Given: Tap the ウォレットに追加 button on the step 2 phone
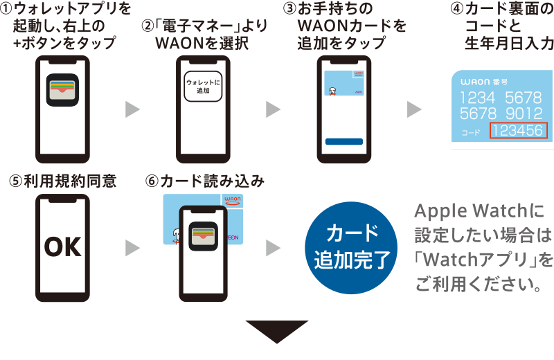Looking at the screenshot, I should tap(203, 86).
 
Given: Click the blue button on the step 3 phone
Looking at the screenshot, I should tap(343, 142).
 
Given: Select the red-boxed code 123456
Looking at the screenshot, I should tap(519, 131).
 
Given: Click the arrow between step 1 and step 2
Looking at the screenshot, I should tap(132, 109).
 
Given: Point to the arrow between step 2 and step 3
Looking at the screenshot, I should tap(274, 109).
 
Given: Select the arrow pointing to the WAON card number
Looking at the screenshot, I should tap(414, 109).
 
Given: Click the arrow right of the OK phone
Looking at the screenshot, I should tap(132, 248).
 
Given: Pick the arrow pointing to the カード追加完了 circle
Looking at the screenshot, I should tap(274, 248).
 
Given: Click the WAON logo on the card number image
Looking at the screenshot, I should tap(476, 82).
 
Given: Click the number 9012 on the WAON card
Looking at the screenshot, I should tap(524, 113).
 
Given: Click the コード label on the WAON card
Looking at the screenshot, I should tap(471, 132).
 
